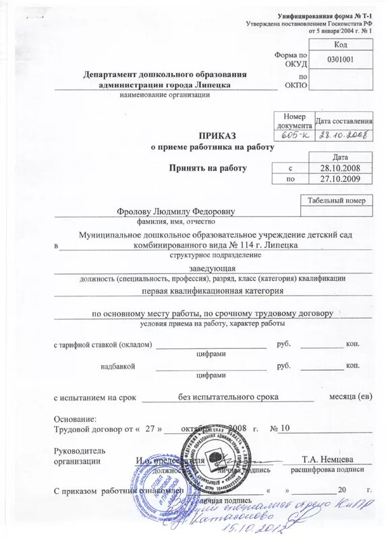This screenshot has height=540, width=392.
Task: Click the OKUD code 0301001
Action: (x=340, y=59)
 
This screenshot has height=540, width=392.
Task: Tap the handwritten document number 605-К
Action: (x=293, y=135)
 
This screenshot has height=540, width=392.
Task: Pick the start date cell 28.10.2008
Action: (x=341, y=167)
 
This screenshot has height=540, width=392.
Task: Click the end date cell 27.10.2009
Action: (x=341, y=179)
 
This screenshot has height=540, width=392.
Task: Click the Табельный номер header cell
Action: (x=336, y=200)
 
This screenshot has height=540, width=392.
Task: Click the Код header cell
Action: (x=340, y=44)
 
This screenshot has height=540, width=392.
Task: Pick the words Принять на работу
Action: (x=208, y=168)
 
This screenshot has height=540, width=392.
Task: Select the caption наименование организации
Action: (x=165, y=94)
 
